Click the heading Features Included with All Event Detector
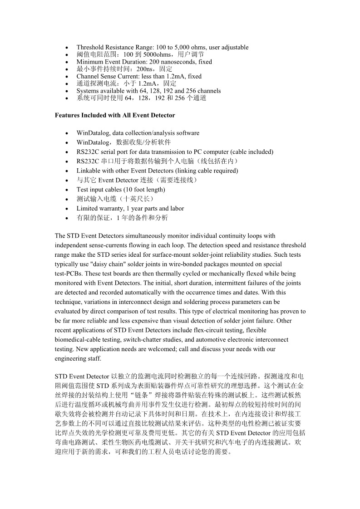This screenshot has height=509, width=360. [115, 115]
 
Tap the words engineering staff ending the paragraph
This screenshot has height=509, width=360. [78, 358]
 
